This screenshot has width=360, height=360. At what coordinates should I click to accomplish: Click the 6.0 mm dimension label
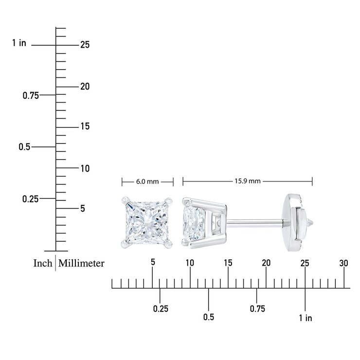(147, 181)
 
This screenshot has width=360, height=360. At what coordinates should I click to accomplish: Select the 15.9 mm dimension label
(247, 181)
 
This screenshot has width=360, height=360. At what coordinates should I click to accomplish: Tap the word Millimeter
(81, 263)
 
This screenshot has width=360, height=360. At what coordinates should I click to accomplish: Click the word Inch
(43, 263)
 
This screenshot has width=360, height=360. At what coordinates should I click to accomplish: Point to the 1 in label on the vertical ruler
(19, 43)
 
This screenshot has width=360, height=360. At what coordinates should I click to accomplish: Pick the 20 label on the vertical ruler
(85, 87)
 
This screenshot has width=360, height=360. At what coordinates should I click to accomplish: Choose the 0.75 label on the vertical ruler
(31, 95)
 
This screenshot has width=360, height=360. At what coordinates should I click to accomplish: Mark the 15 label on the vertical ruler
(85, 126)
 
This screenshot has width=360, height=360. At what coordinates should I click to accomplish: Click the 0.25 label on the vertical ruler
(30, 199)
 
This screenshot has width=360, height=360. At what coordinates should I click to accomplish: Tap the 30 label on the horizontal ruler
(343, 263)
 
